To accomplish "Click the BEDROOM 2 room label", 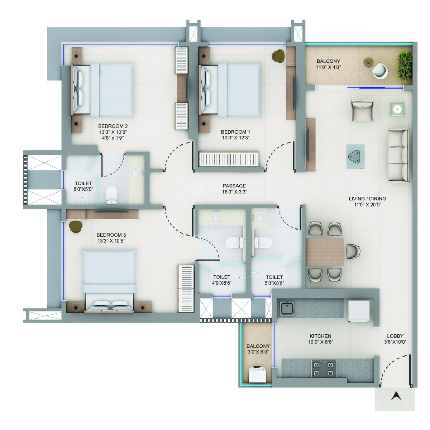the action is click(113, 126).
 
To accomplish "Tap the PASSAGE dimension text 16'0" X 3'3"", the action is click(234, 192).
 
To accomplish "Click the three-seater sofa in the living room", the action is click(399, 155).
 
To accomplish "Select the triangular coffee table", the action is click(355, 157).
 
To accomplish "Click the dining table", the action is click(325, 252).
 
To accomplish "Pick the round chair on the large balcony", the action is click(381, 70).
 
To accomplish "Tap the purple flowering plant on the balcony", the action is click(404, 67).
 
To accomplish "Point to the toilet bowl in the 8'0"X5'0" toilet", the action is click(111, 195).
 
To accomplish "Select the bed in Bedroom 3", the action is click(109, 281).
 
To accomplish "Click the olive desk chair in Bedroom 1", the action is click(279, 55).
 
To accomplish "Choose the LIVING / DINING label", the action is click(367, 199).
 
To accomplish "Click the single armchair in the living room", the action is click(362, 111).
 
